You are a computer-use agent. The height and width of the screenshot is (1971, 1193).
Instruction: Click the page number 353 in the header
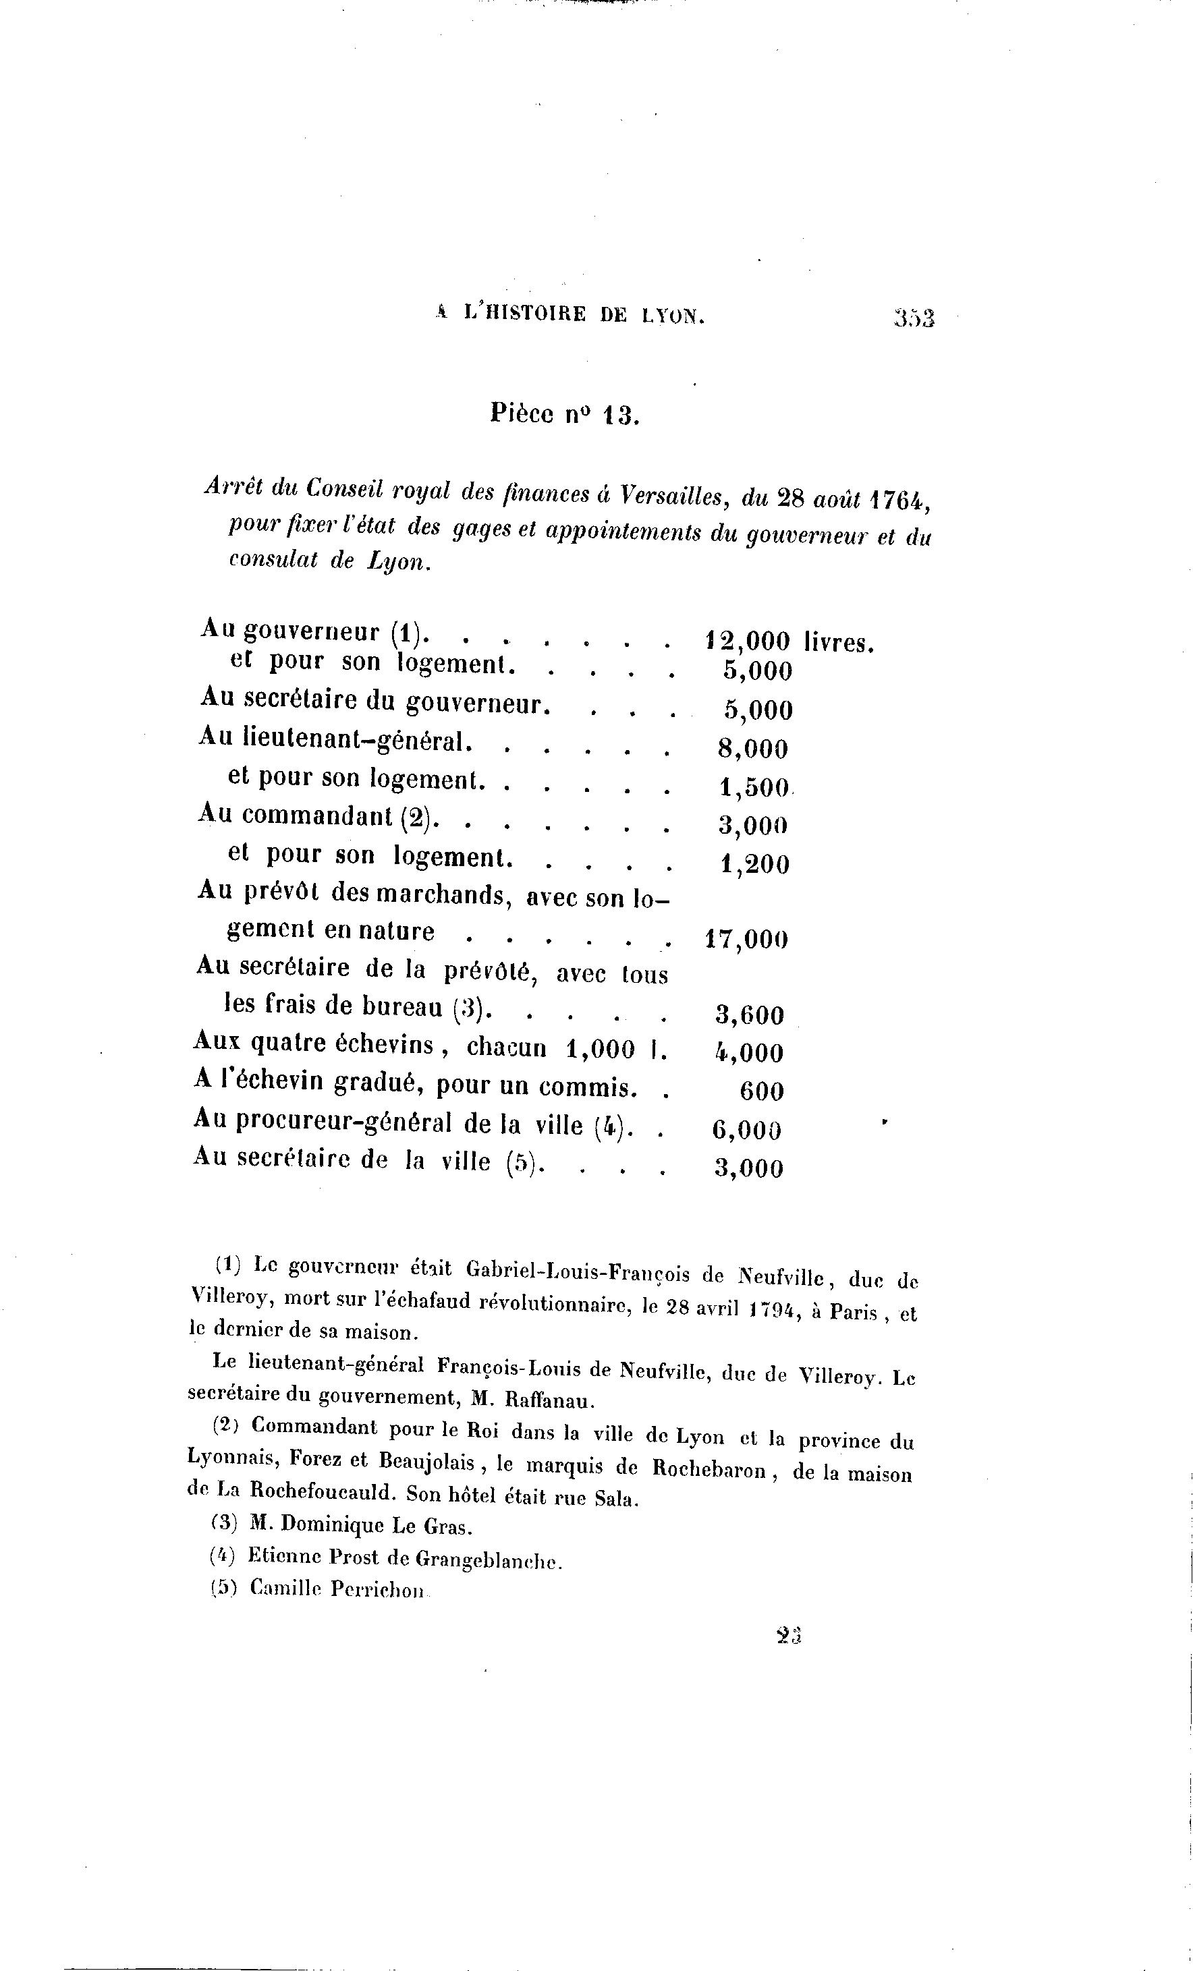pos(914,318)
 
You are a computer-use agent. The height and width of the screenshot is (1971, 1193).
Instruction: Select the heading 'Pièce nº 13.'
pos(564,414)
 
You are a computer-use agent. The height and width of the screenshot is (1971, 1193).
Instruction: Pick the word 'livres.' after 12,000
pos(839,642)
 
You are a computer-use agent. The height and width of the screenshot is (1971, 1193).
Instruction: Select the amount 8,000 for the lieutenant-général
pos(753,749)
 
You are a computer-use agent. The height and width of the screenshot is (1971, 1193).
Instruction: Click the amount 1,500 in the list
pos(754,788)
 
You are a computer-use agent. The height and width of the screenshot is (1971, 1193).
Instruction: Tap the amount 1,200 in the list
pos(754,865)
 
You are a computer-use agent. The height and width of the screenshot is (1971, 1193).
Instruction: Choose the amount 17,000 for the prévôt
pos(746,939)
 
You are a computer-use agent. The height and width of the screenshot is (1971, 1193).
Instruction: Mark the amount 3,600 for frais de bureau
pos(749,1015)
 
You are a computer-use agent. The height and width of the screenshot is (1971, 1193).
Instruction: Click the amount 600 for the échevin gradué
pos(761,1092)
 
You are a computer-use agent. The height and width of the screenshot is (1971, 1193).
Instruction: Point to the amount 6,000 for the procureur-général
pos(746,1129)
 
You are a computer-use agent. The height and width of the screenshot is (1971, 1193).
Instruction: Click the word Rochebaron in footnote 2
pos(709,1468)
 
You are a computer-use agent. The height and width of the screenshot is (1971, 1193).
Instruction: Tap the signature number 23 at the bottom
pos(788,1635)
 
